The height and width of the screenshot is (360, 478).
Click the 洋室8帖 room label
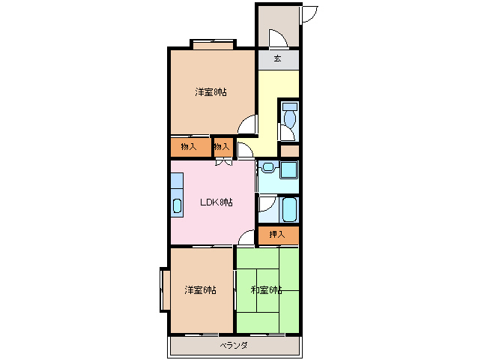211,91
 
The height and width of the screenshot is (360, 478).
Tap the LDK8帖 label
216,202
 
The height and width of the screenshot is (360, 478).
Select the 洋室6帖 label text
200,289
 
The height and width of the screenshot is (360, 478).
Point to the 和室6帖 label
266,289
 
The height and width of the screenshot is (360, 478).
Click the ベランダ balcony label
234,345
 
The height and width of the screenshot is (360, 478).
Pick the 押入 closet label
277,234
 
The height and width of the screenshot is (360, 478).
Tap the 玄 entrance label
277,58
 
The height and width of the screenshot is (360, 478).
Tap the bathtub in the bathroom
289,210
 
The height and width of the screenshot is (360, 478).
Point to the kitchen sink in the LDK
177,205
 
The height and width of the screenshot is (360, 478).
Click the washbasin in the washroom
268,167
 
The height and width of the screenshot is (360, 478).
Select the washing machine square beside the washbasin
288,169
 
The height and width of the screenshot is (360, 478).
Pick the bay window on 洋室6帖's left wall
166,289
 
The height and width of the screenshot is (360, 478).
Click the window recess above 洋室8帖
214,44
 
